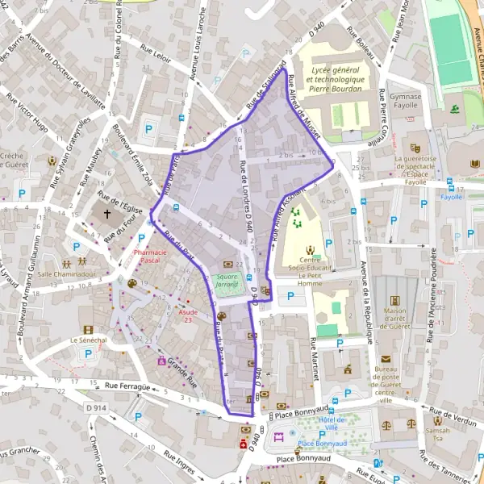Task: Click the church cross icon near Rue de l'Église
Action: [107, 215]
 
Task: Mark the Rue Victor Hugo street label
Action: [27, 112]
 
